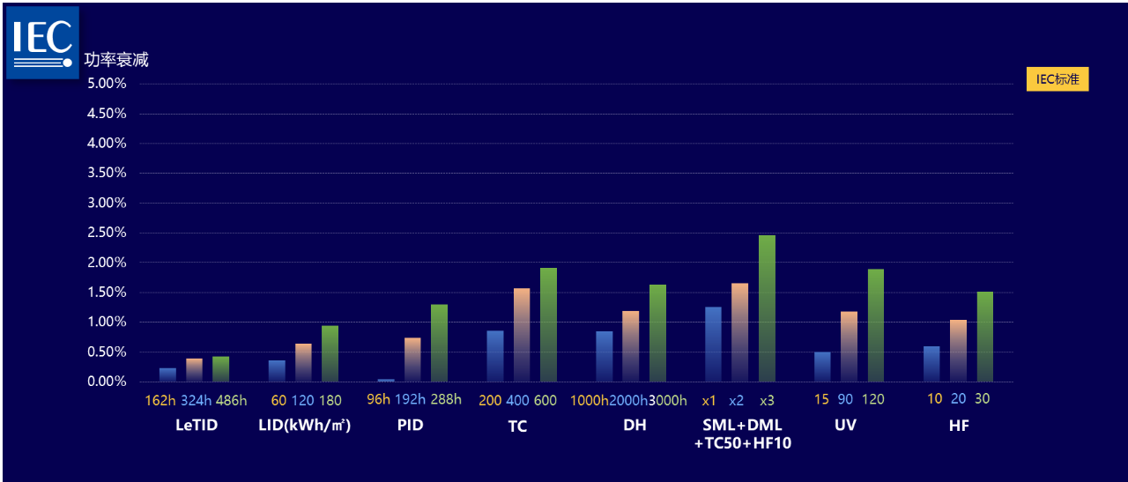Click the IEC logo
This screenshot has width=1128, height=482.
click(x=42, y=42)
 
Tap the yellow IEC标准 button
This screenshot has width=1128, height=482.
click(x=1057, y=79)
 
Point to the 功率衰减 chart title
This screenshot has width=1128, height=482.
click(x=116, y=60)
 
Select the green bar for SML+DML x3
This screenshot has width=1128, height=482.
click(x=767, y=308)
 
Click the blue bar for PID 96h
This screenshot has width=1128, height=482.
click(x=386, y=380)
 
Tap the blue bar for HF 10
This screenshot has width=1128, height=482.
click(x=931, y=364)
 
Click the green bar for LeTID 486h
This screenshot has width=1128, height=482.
click(x=220, y=369)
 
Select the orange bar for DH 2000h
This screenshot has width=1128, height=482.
click(x=630, y=346)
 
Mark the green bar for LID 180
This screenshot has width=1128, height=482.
click(x=330, y=353)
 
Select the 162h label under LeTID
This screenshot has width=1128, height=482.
click(x=161, y=400)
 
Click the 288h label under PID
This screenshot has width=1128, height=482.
click(x=446, y=399)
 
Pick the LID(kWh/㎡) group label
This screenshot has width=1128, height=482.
click(x=305, y=426)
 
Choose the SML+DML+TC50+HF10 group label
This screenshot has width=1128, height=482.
click(x=742, y=434)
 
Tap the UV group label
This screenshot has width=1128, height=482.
click(x=845, y=426)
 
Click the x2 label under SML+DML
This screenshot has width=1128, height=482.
click(x=736, y=400)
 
